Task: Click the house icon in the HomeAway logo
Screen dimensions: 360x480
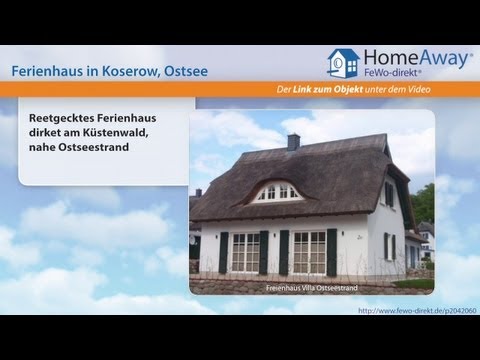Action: point(344,63)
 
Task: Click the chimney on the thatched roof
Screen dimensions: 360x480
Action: point(293,141)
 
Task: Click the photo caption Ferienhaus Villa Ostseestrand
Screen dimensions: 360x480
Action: point(311,288)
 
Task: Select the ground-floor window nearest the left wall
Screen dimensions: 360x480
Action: point(245,252)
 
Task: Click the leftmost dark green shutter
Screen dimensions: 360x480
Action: point(224,252)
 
